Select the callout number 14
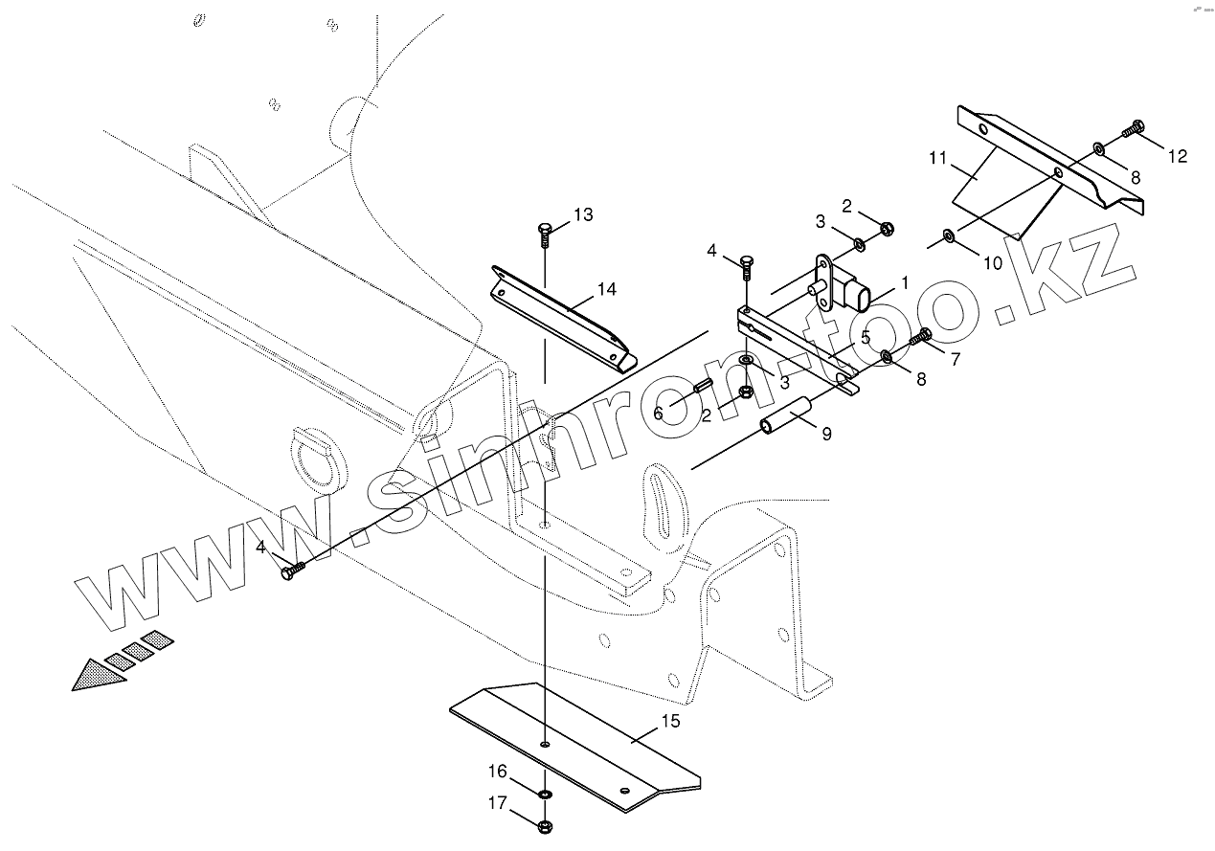click(x=606, y=289)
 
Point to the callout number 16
click(x=497, y=771)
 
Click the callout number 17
click(x=497, y=805)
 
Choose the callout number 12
click(x=1177, y=156)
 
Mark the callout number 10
click(x=993, y=262)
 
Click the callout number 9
click(x=825, y=434)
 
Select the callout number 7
click(x=954, y=359)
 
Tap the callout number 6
click(x=658, y=413)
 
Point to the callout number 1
click(x=906, y=284)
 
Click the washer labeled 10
click(x=948, y=235)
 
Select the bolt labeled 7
click(x=923, y=336)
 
